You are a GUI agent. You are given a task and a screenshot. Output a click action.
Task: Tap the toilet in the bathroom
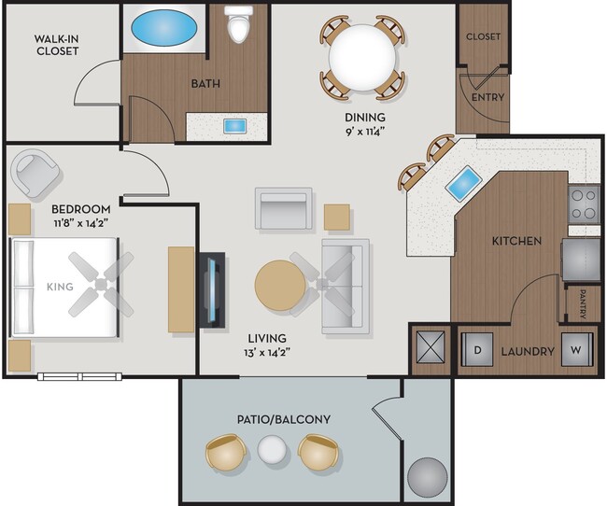[240, 25]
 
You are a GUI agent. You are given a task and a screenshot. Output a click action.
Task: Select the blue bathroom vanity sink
[233, 125]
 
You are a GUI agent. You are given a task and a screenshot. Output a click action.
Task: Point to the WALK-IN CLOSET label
[56, 44]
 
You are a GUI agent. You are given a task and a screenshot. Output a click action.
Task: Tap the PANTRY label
[582, 303]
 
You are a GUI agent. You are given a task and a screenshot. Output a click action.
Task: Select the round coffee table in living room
[280, 286]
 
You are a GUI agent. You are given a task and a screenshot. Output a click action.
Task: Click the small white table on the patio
[271, 453]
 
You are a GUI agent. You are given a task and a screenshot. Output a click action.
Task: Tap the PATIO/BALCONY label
[290, 419]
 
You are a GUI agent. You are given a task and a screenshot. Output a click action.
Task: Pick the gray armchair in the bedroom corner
[36, 173]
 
